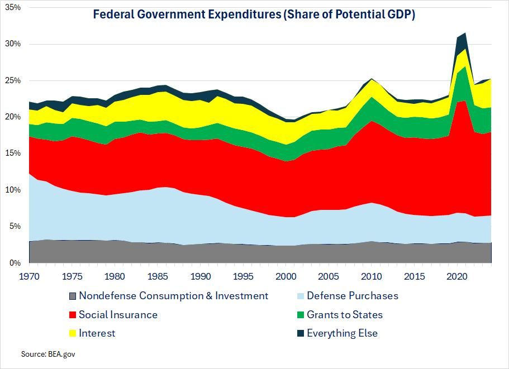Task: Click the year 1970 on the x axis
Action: [x=28, y=276]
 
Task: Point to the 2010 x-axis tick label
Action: [x=372, y=276]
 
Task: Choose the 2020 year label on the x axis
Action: [x=457, y=276]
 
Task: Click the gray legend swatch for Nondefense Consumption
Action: [x=71, y=296]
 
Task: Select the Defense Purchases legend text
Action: [x=353, y=296]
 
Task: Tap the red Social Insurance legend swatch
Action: [x=71, y=315]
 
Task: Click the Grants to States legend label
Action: [x=345, y=315]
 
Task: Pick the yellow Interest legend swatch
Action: [x=71, y=333]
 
